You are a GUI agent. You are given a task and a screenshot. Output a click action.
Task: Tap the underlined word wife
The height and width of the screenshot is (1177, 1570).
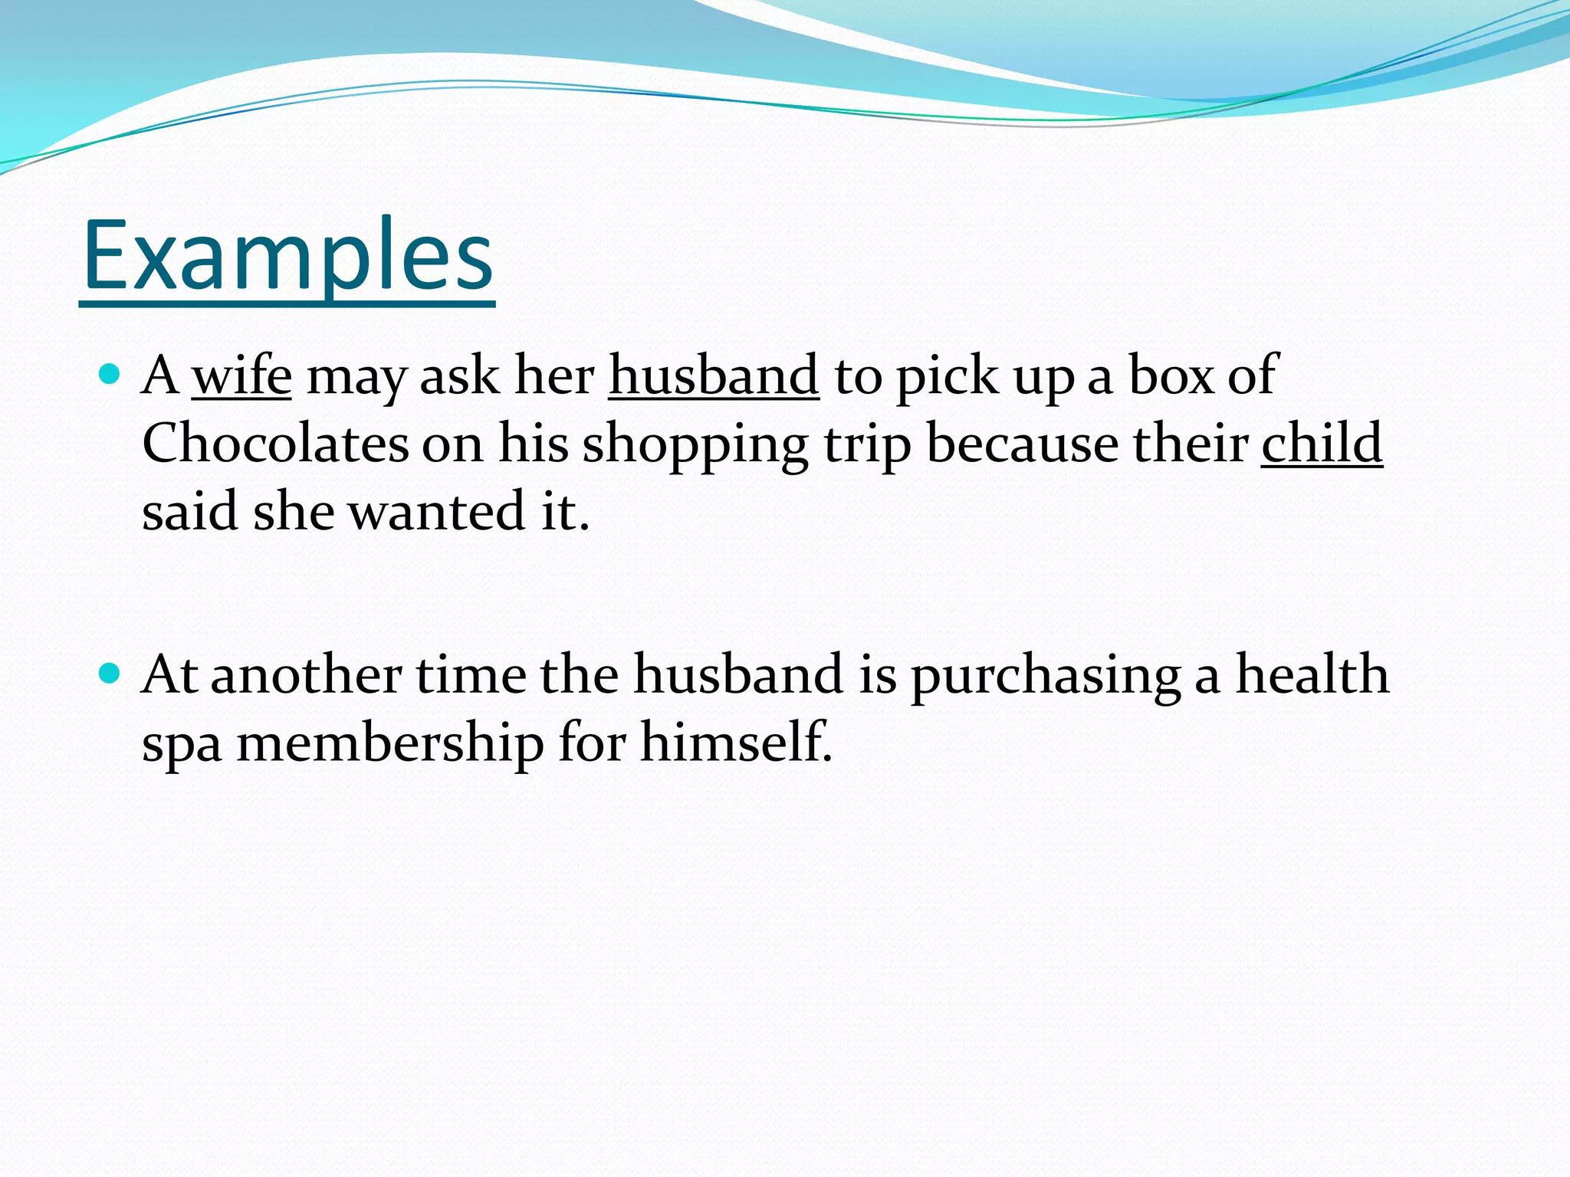[x=241, y=376]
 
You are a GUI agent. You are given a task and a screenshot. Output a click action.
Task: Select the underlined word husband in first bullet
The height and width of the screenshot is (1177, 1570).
[x=714, y=376]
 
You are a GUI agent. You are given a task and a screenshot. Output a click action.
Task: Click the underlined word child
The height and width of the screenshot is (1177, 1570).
[x=1322, y=444]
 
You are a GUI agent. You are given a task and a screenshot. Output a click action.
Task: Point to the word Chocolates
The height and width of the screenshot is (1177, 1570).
[x=275, y=444]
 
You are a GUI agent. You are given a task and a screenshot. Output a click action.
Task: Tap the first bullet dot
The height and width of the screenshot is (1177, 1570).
[x=111, y=375]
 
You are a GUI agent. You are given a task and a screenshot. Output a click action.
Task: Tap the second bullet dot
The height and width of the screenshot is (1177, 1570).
[x=111, y=674]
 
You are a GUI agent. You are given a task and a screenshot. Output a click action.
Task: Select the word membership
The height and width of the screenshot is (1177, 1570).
[x=389, y=744]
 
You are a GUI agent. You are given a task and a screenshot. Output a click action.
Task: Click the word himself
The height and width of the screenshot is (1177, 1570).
[x=735, y=743]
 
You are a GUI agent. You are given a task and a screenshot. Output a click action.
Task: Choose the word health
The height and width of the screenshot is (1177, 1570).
[x=1312, y=674]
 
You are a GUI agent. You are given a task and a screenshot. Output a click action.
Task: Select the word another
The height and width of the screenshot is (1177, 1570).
[x=306, y=675]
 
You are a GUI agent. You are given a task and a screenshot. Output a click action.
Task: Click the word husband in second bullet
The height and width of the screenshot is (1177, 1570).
[x=737, y=674]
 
